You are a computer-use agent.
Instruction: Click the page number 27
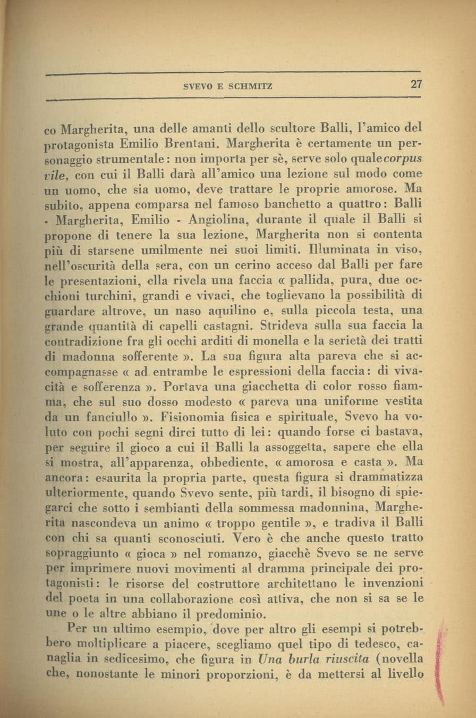tap(415, 85)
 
